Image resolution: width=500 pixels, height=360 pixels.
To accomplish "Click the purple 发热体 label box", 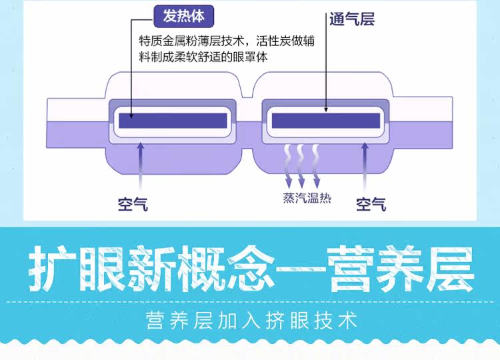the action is tap(184, 15).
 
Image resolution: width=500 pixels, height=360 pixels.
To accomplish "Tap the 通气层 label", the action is tap(351, 19).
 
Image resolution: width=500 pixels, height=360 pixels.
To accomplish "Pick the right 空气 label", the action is tap(371, 203).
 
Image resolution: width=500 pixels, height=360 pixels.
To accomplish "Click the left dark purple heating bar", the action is tap(172, 121).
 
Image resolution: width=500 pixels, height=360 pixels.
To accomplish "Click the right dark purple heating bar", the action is tap(325, 121).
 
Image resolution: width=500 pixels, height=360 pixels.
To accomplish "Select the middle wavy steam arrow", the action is tap(301, 166).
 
